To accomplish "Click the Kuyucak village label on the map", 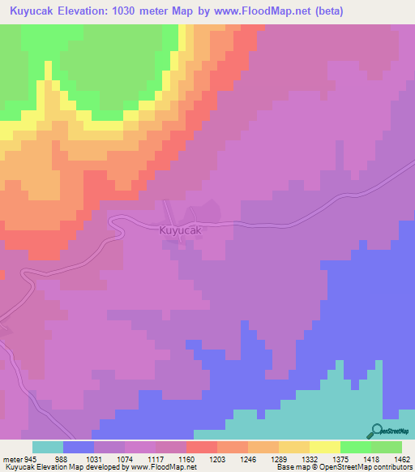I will pyautogui.click(x=179, y=231).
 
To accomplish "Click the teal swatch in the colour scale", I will pyautogui.click(x=48, y=447).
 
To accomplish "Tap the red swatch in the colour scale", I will pyautogui.click(x=202, y=447).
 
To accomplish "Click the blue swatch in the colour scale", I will pyautogui.click(x=79, y=447).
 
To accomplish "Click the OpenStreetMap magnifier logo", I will pyautogui.click(x=376, y=431).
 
